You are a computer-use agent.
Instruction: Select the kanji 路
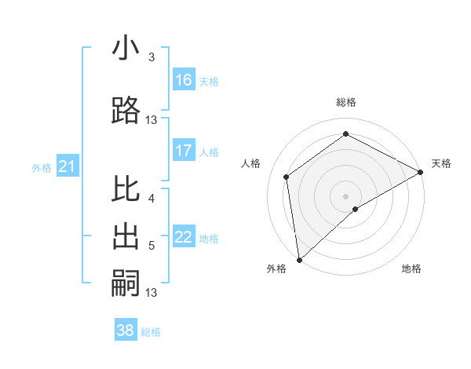pos(126,111)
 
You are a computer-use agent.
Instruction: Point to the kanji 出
pos(126,237)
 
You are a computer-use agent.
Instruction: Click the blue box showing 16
pos(184,79)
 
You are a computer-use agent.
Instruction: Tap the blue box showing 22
pos(184,237)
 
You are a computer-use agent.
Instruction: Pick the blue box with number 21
pos(67,166)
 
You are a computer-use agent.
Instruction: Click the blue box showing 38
pos(126,331)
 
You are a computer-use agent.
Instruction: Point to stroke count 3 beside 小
pos(152,57)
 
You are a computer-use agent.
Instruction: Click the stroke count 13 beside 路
pos(152,120)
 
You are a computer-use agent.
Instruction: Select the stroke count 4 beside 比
pos(152,199)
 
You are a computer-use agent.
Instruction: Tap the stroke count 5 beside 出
pos(152,246)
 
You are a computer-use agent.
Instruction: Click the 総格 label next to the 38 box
pos(151,332)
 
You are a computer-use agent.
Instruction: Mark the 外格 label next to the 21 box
pos(42,167)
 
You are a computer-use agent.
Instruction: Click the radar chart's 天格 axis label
pos(441,163)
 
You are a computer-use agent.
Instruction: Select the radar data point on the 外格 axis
pos(298,259)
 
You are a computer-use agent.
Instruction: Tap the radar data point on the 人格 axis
pos(287,177)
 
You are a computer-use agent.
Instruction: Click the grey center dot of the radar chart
pos(345,195)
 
